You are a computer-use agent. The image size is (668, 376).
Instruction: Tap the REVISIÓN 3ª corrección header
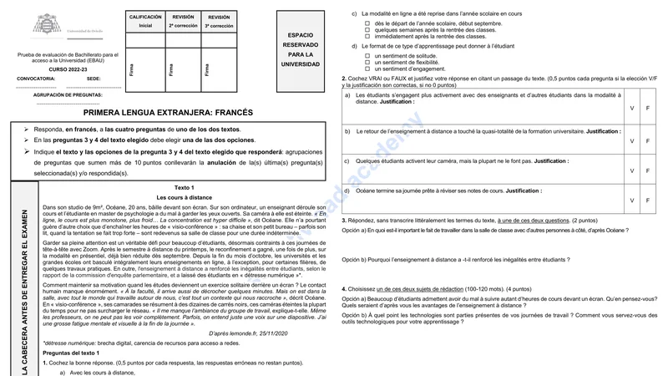220,21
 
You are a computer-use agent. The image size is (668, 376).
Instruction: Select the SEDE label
93,79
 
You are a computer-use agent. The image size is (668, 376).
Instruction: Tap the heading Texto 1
185,187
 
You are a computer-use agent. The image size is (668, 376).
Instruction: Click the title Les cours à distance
185,196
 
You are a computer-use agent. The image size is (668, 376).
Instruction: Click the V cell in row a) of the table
632,109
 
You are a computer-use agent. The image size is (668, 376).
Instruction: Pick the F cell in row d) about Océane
648,201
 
